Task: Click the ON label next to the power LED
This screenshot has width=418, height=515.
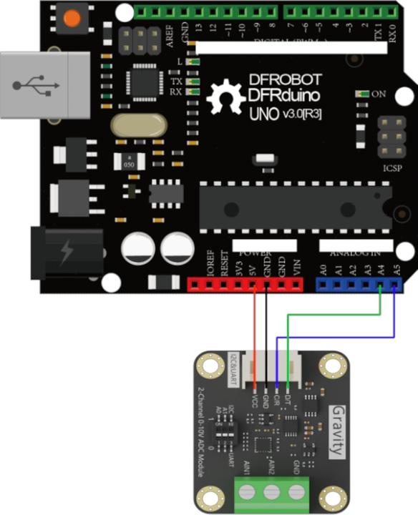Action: [379, 94]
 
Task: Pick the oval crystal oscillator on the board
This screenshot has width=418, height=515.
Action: [139, 125]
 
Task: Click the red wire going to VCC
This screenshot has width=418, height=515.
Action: [255, 329]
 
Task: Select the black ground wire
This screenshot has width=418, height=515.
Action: [266, 329]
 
